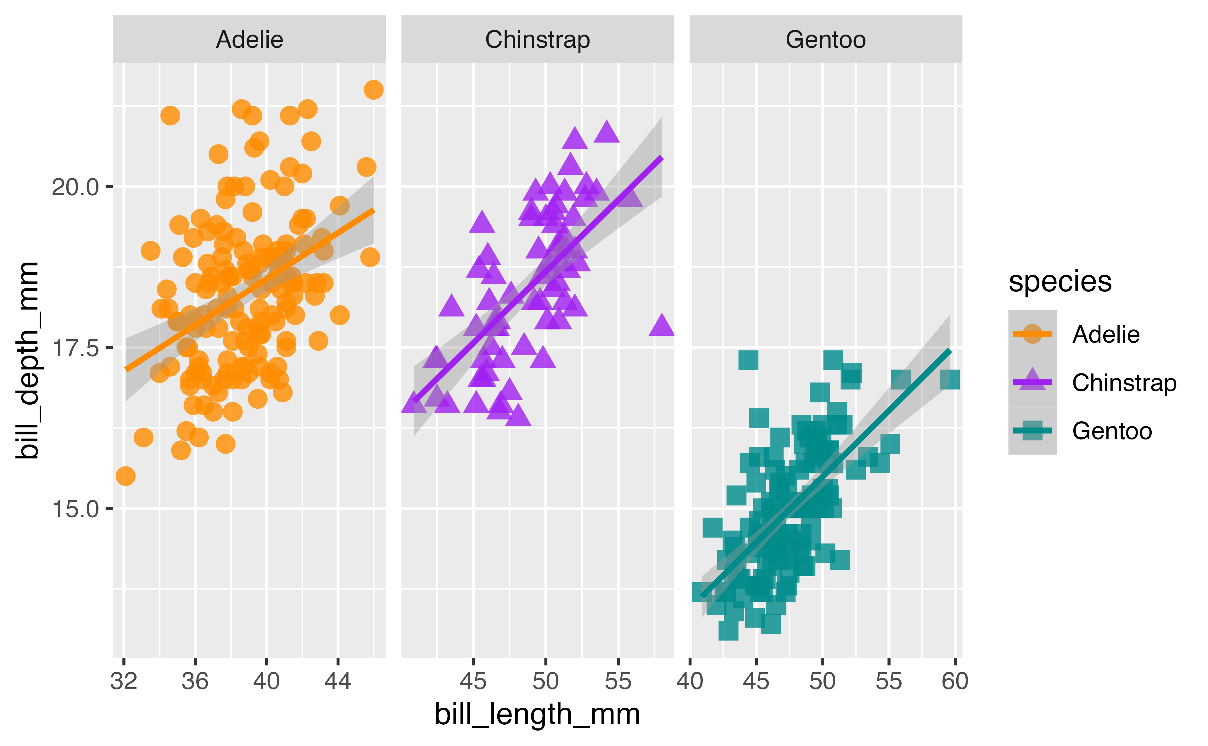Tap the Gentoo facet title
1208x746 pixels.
click(x=825, y=40)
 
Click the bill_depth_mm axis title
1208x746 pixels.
click(x=27, y=360)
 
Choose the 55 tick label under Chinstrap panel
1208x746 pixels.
click(x=618, y=681)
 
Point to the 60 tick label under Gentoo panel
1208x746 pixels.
click(x=955, y=681)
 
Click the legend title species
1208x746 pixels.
click(x=1060, y=282)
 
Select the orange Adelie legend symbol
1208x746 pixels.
click(x=1032, y=334)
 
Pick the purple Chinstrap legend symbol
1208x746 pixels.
click(x=1032, y=382)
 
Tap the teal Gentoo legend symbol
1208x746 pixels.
click(x=1032, y=430)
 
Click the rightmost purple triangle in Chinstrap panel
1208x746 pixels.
click(x=662, y=326)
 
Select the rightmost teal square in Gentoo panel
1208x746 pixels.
click(x=950, y=380)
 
